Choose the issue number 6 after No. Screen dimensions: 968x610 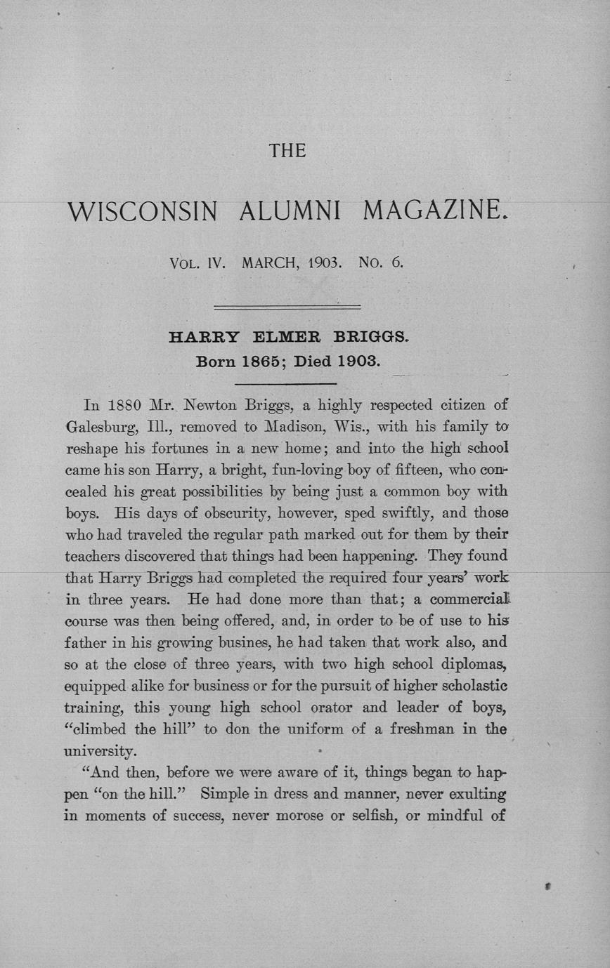tap(398, 265)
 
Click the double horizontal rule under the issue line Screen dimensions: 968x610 tap(287, 307)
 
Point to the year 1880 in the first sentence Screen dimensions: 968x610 tap(127, 405)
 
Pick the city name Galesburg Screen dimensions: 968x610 tap(98, 426)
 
